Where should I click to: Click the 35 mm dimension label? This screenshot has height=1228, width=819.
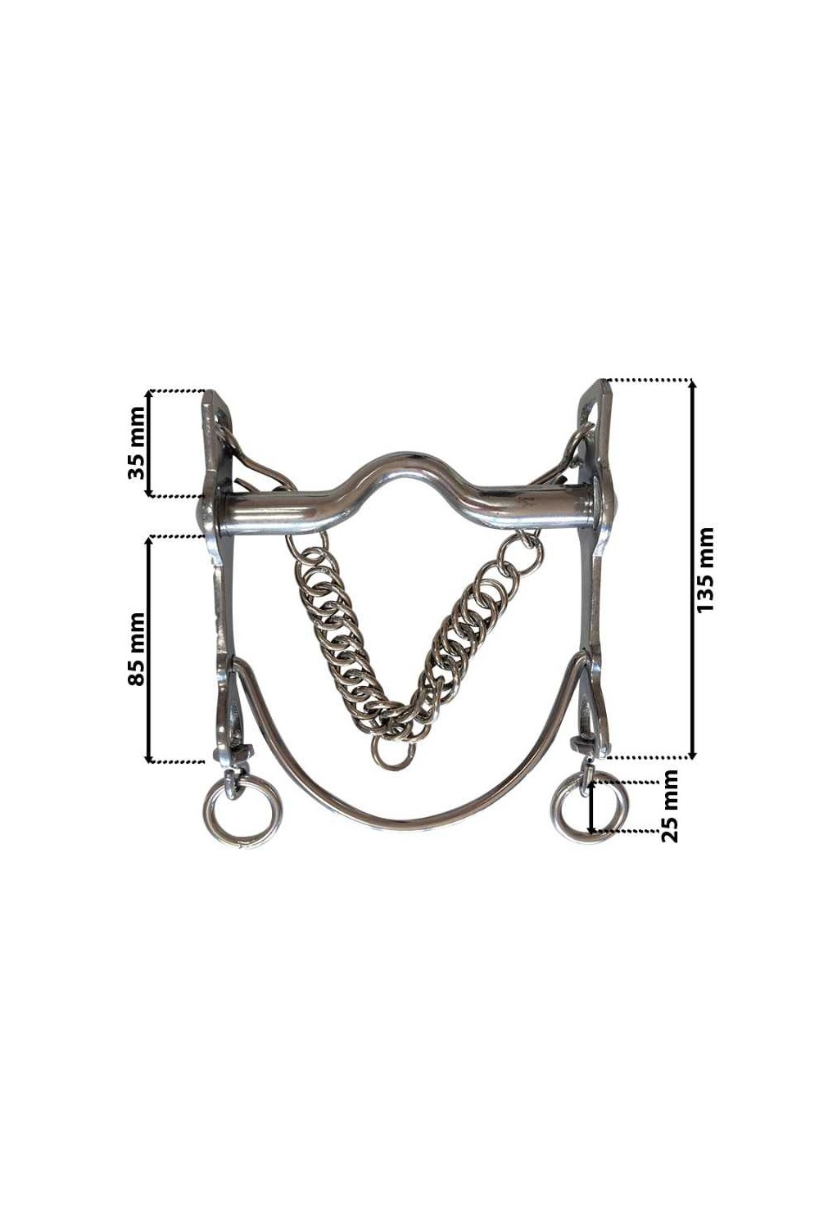(x=137, y=443)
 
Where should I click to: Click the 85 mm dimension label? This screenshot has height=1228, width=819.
(x=136, y=648)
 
